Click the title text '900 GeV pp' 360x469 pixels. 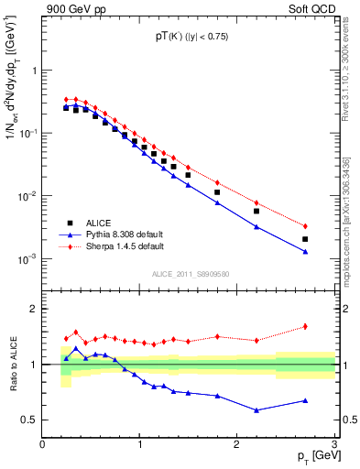coord(70,9)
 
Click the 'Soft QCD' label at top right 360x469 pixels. coord(311,9)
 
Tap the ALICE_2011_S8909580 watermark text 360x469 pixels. coord(191,274)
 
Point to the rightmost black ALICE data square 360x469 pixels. coord(305,239)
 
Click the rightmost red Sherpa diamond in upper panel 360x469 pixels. coord(305,226)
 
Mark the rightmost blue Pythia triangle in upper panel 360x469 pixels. coord(305,252)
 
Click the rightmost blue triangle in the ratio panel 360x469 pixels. coord(305,400)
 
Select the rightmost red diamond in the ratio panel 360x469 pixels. coord(305,326)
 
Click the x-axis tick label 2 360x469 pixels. coord(237,445)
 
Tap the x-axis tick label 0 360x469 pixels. coord(43,445)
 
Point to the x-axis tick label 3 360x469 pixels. coord(333,445)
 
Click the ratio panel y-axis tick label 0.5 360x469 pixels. coord(29,420)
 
